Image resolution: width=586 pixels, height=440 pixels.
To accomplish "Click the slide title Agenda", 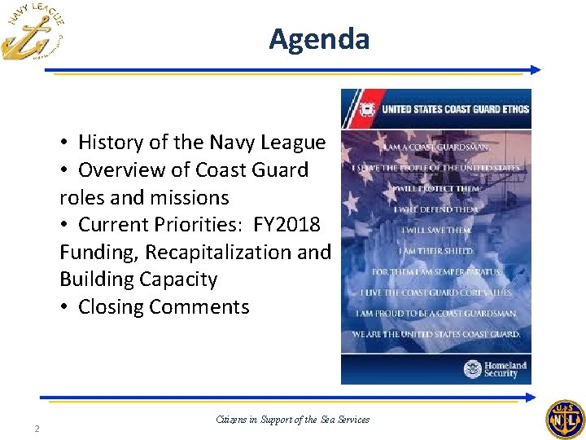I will [319, 39].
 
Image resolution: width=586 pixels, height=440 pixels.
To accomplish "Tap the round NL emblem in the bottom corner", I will [565, 420].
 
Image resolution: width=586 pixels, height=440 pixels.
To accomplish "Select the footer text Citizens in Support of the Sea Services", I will [293, 420].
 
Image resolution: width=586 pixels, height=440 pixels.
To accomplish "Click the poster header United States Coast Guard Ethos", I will [455, 109].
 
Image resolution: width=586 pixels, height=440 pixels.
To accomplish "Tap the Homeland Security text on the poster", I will [505, 369].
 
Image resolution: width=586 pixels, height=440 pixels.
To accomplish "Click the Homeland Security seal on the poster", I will [473, 369].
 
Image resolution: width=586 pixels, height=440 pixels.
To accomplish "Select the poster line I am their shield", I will [435, 251].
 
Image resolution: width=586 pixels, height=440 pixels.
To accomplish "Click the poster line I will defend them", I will [435, 209].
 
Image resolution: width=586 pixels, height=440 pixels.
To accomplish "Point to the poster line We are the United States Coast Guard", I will [435, 334].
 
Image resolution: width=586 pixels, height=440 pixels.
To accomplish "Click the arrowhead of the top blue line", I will [535, 70].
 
